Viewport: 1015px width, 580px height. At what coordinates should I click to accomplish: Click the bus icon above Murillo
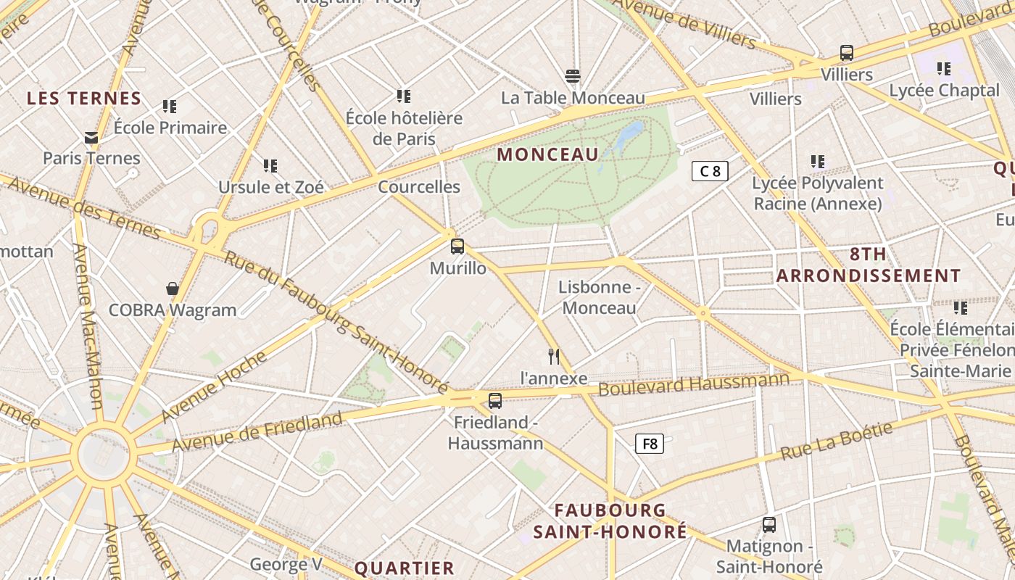click(457, 246)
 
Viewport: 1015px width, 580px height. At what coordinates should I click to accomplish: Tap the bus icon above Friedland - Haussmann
click(495, 400)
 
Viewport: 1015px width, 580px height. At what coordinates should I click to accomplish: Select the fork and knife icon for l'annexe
click(554, 356)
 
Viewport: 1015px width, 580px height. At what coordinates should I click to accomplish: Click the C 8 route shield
click(710, 171)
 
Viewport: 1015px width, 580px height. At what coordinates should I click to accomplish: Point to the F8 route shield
click(650, 444)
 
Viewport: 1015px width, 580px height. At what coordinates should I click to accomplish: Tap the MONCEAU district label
click(548, 154)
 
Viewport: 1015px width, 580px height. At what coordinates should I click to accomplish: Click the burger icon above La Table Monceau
click(573, 76)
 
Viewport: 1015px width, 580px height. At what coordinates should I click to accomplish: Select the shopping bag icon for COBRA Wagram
click(173, 289)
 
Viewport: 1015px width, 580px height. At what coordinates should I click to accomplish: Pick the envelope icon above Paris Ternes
click(91, 137)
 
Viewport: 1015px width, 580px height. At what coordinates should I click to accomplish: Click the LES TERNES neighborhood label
click(84, 99)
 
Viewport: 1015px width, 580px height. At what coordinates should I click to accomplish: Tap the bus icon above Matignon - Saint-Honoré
click(769, 524)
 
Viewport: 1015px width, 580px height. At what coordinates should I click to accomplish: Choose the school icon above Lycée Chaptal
click(943, 69)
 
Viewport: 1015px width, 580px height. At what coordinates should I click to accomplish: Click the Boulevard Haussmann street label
click(693, 384)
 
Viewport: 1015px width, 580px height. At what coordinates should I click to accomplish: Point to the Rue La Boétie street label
click(837, 441)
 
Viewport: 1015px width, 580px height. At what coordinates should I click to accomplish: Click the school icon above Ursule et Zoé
click(270, 166)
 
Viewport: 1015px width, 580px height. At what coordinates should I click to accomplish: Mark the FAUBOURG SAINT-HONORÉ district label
click(610, 521)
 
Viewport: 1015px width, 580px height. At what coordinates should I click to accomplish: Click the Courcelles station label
click(419, 187)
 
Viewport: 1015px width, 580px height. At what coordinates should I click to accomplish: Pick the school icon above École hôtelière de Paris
click(404, 96)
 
